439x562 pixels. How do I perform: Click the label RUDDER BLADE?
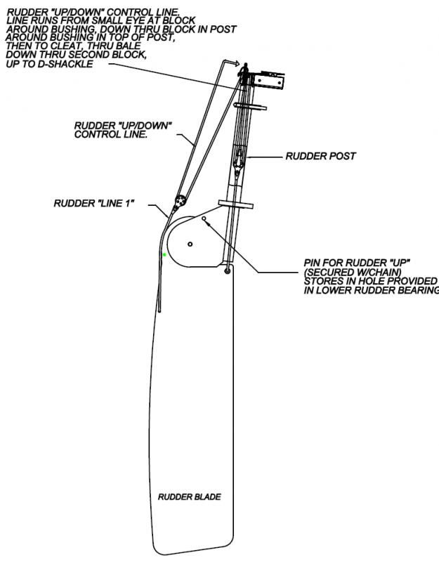(189, 497)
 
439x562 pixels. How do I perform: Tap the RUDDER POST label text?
(321, 156)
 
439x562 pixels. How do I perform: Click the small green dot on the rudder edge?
(164, 254)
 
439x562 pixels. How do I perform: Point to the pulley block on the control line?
(180, 200)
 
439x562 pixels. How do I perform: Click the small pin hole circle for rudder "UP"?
(204, 218)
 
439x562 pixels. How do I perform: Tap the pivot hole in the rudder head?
(190, 243)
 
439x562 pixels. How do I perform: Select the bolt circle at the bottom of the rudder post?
(227, 270)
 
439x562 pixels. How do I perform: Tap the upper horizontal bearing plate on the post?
(251, 107)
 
